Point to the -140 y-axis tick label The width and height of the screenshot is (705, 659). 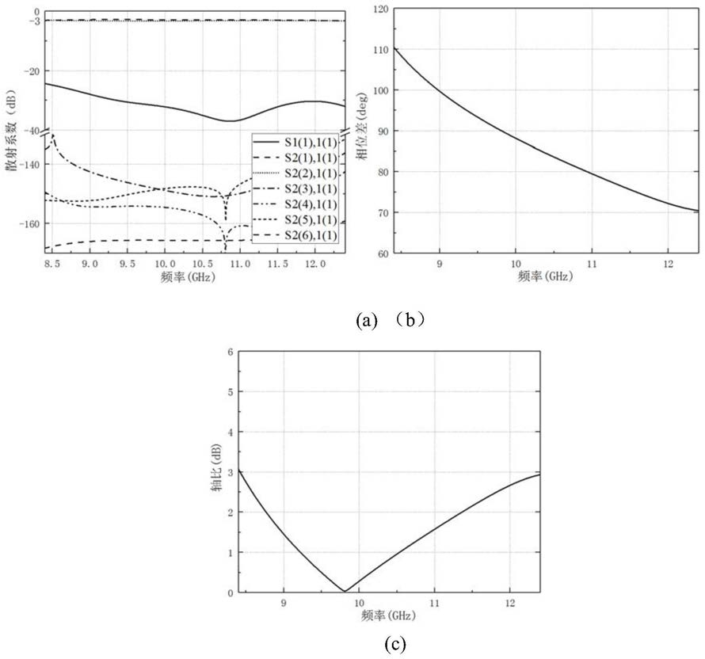[29, 164]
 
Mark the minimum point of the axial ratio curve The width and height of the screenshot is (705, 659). [345, 591]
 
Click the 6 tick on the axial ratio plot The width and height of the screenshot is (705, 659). [231, 352]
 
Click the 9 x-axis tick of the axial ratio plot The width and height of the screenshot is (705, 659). [284, 603]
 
